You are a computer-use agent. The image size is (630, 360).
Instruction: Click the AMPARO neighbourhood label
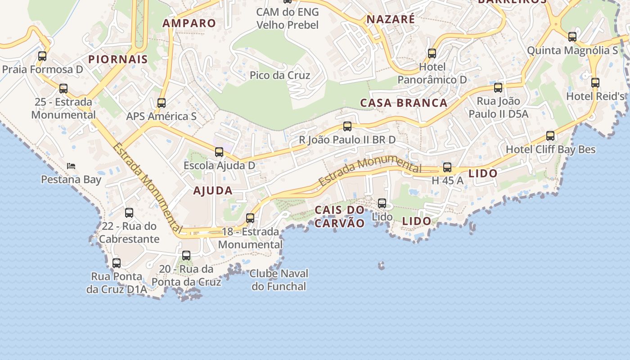pyautogui.click(x=189, y=23)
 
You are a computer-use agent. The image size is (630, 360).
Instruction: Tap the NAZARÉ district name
pyautogui.click(x=391, y=19)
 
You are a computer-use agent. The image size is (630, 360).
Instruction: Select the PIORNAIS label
pyautogui.click(x=118, y=59)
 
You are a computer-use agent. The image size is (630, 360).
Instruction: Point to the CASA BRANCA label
pyautogui.click(x=404, y=103)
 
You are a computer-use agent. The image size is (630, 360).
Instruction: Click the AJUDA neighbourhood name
pyautogui.click(x=213, y=191)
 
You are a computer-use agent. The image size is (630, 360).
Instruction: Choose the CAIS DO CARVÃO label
pyautogui.click(x=339, y=216)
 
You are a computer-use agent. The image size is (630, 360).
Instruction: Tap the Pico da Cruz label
pyautogui.click(x=280, y=75)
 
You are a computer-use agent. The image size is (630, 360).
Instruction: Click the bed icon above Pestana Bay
pyautogui.click(x=71, y=166)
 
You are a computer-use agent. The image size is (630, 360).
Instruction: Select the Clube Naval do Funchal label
pyautogui.click(x=279, y=280)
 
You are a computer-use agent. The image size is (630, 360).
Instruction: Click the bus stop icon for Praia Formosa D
pyautogui.click(x=42, y=56)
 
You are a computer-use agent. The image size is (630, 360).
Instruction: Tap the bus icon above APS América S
pyautogui.click(x=162, y=103)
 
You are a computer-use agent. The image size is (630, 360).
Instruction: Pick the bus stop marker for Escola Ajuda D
pyautogui.click(x=219, y=152)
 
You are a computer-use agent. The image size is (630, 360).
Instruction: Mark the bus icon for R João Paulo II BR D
pyautogui.click(x=347, y=126)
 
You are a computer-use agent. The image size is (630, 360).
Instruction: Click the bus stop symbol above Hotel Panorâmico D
pyautogui.click(x=432, y=54)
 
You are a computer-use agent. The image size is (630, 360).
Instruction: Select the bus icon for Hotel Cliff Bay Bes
pyautogui.click(x=550, y=136)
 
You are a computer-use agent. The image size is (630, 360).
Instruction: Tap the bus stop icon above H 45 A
pyautogui.click(x=447, y=167)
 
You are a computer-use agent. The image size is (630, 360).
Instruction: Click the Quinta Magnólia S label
pyautogui.click(x=572, y=50)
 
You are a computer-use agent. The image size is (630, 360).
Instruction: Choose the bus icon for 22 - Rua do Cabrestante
pyautogui.click(x=129, y=213)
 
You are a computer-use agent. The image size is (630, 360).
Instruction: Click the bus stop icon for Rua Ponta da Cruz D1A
pyautogui.click(x=117, y=263)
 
